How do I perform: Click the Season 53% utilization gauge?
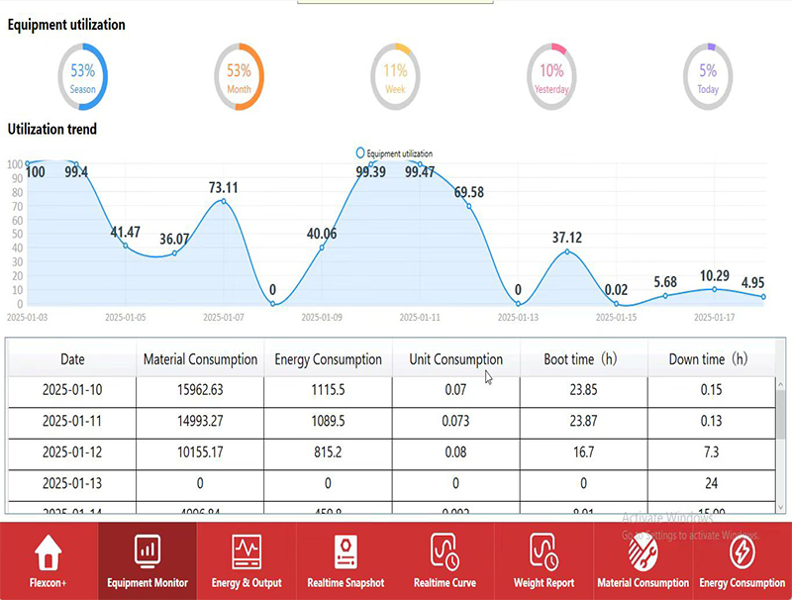click(x=83, y=76)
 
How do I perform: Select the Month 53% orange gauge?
click(x=239, y=76)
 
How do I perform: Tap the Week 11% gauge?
click(x=395, y=76)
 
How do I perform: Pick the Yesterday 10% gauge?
click(x=551, y=76)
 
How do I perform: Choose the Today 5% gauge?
click(x=708, y=76)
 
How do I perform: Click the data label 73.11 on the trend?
click(x=223, y=187)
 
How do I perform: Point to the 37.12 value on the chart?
click(x=567, y=238)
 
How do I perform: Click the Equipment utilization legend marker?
click(x=360, y=153)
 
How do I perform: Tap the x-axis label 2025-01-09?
click(x=322, y=318)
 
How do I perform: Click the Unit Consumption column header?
click(x=455, y=359)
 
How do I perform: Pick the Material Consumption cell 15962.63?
click(x=200, y=390)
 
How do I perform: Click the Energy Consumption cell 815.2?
click(x=328, y=452)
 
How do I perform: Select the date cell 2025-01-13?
click(x=72, y=483)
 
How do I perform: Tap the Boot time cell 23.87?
click(x=583, y=421)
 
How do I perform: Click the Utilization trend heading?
click(x=52, y=129)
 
